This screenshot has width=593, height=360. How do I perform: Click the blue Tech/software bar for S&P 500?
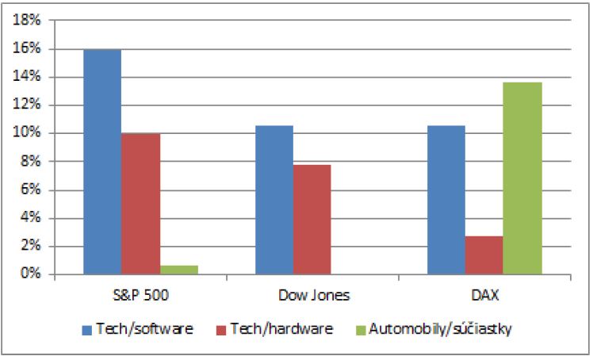click(x=102, y=162)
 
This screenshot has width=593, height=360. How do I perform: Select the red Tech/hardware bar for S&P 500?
click(x=140, y=204)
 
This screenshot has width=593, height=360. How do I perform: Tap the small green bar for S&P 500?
click(x=179, y=270)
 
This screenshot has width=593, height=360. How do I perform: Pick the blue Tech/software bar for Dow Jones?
click(x=274, y=200)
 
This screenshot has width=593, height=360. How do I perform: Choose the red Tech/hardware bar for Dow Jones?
click(x=312, y=220)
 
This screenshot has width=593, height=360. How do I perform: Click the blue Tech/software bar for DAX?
click(x=446, y=200)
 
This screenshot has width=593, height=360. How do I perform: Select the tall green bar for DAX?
click(x=522, y=178)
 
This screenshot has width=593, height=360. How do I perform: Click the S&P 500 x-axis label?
click(x=140, y=296)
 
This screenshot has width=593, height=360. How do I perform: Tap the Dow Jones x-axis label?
click(x=312, y=296)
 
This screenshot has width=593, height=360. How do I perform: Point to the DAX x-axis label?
click(x=484, y=296)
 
